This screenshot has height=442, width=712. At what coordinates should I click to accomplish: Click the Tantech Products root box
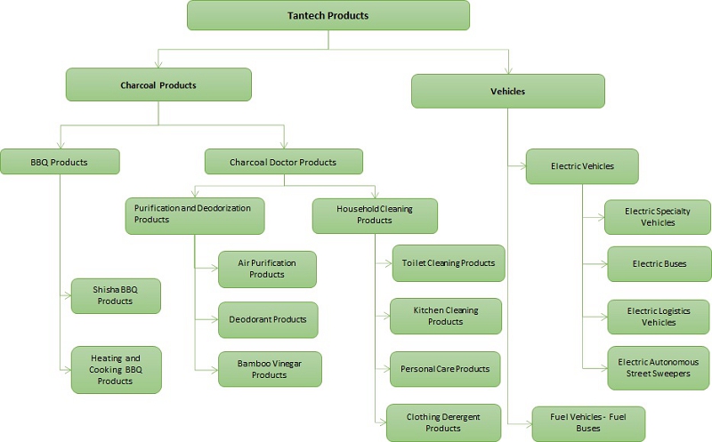coord(328,15)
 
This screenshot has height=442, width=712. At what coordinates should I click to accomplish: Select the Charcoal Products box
coord(158,85)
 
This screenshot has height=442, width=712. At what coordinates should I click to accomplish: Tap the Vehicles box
coord(507,91)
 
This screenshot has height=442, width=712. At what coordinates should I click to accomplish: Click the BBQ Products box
coord(60,161)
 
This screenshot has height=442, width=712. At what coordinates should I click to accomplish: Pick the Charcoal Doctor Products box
coord(283,162)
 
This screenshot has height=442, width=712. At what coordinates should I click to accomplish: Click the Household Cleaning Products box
coord(375,214)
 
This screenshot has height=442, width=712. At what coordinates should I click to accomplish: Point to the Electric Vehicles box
coord(582,166)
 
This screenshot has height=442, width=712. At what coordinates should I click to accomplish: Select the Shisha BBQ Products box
coord(116,295)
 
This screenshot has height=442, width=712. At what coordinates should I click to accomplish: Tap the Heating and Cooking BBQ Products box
coord(116,369)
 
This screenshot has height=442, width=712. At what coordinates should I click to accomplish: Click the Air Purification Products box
coord(269,269)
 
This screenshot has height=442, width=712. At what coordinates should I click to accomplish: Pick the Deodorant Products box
coord(268,319)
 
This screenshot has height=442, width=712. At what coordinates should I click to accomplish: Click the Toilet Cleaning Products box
coord(449,263)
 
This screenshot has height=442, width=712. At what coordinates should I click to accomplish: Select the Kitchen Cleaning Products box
coord(446,316)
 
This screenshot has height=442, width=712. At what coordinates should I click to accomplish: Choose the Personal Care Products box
coord(445,368)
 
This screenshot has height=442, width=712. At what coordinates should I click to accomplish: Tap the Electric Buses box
coord(659,264)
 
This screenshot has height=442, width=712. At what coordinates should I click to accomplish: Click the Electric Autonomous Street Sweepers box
coord(659,368)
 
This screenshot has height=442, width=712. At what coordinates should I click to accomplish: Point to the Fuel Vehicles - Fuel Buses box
coord(588,422)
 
